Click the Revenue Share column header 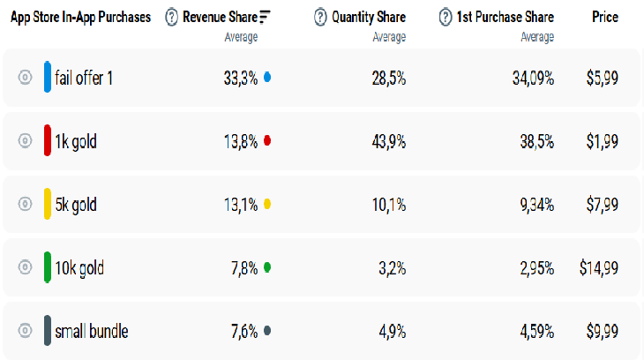[x=221, y=17]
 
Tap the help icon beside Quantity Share [x=320, y=17]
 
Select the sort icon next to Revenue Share [x=265, y=17]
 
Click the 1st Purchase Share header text [x=505, y=17]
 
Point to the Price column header [x=604, y=17]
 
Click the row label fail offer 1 [x=84, y=78]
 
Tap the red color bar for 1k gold [x=48, y=141]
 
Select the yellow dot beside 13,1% [x=267, y=205]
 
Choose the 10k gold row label [x=79, y=268]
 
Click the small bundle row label [x=91, y=332]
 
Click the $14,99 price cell [x=599, y=268]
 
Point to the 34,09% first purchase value [x=533, y=78]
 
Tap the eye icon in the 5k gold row [x=25, y=205]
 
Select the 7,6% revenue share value [x=244, y=332]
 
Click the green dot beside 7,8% [x=267, y=268]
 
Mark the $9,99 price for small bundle [x=603, y=332]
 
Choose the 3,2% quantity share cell [x=392, y=268]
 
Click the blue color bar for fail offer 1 [x=48, y=78]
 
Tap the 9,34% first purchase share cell [x=535, y=205]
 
